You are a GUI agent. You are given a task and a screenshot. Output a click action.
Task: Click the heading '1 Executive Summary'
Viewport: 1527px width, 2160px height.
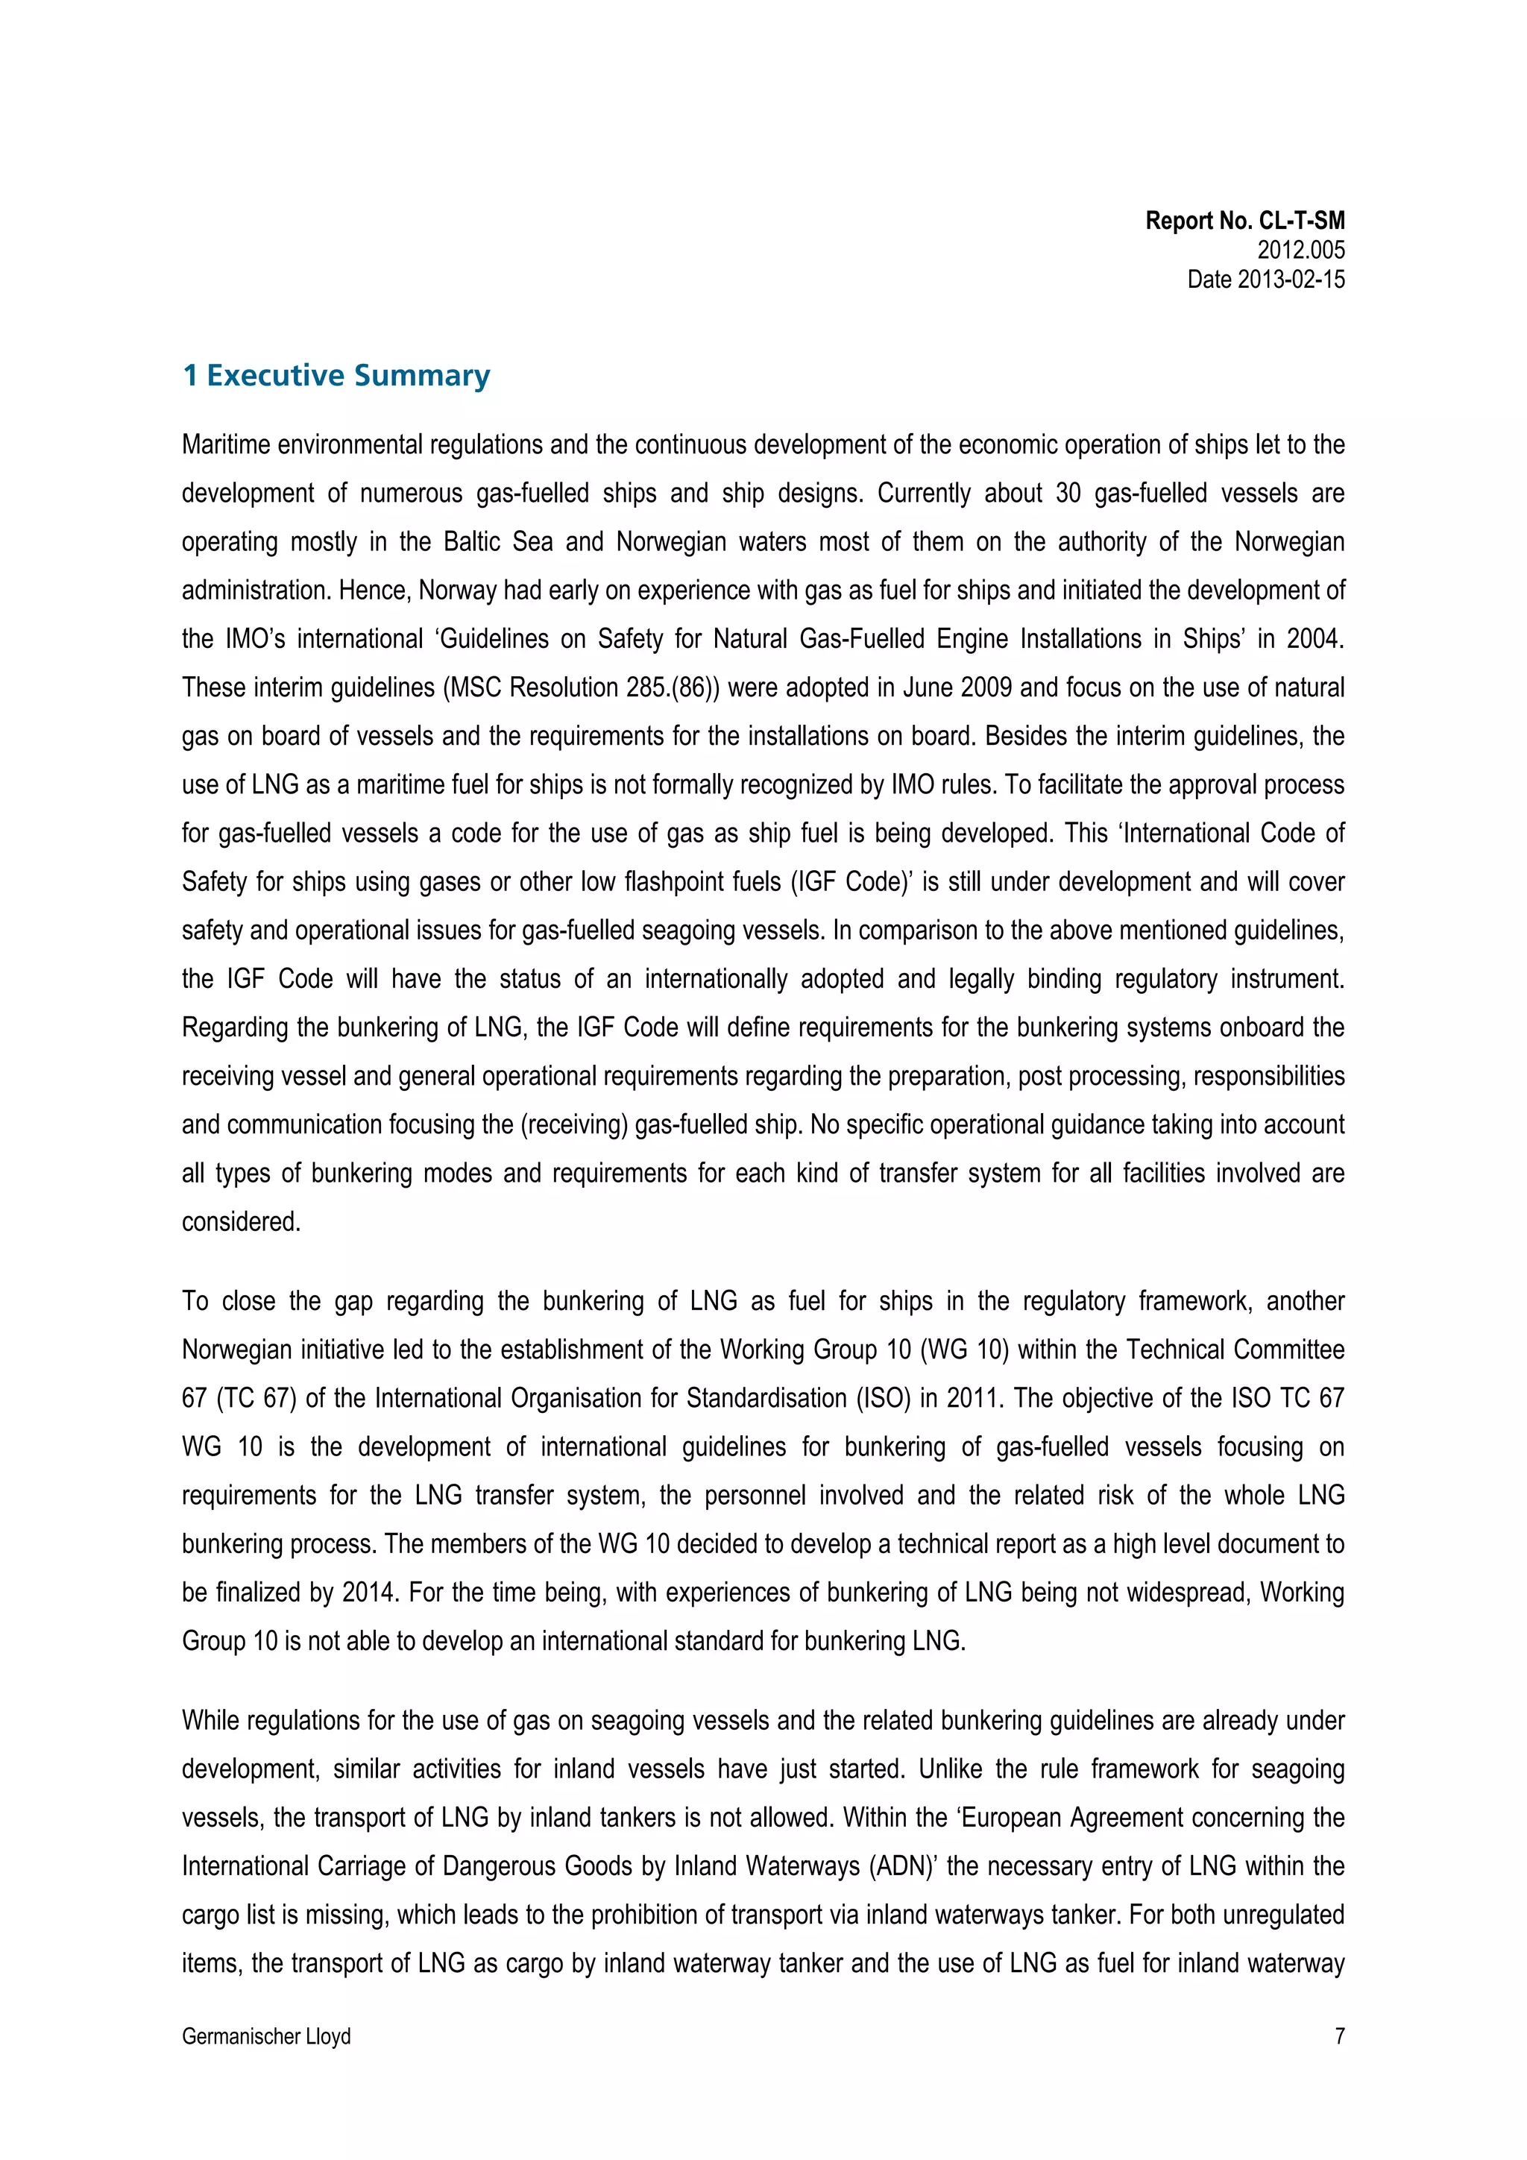(336, 375)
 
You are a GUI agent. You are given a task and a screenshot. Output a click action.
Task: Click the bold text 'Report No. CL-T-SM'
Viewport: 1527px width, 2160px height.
(1244, 221)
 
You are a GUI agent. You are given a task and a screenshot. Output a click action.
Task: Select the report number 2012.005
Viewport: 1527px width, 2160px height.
(1300, 251)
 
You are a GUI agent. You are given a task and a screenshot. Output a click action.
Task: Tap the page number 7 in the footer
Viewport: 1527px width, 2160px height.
(1339, 2037)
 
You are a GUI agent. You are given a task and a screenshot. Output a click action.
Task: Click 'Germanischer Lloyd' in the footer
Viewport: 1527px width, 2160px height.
(266, 2037)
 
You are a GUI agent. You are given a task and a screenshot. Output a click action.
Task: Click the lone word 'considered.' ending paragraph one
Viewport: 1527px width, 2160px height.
(241, 1222)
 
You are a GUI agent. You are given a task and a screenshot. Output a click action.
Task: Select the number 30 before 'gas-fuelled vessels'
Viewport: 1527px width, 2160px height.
(1068, 493)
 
